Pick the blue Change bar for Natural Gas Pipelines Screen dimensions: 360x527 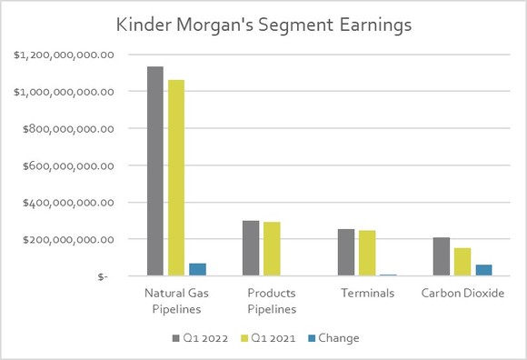[196, 269]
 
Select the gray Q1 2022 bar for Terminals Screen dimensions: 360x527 [345, 253]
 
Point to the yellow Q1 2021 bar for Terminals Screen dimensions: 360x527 [366, 254]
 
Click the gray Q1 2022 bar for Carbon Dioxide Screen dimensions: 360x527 [441, 256]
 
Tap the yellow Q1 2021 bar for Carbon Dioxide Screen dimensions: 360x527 [462, 262]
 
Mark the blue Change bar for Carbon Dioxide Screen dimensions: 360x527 [482, 270]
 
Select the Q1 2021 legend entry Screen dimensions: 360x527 [266, 338]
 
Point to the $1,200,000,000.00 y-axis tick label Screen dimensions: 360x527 [64, 55]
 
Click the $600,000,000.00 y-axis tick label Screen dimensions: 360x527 [64, 165]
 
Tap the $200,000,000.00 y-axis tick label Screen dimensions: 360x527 [64, 239]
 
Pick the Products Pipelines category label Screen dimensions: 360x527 [272, 301]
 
